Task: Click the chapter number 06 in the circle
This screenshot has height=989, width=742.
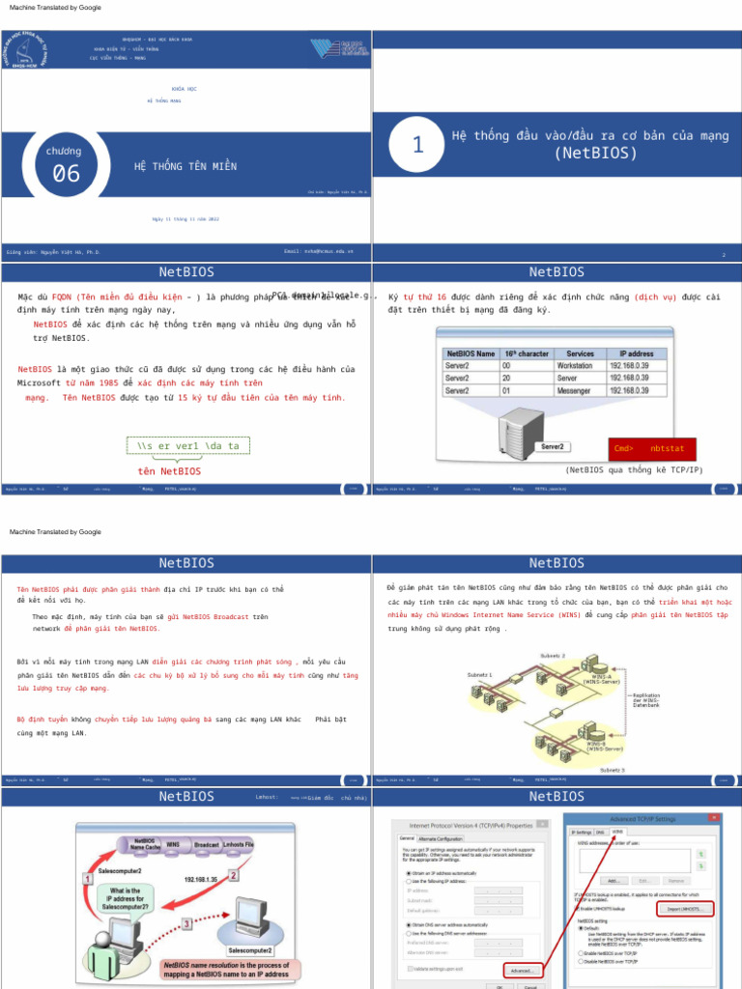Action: (66, 174)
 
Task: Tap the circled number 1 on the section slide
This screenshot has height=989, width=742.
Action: (417, 145)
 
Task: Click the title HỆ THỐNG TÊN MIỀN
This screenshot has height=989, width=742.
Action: (185, 167)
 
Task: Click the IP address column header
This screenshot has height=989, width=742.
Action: (637, 354)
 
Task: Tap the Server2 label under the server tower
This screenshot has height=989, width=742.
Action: (553, 447)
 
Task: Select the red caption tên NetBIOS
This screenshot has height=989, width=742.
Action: (169, 471)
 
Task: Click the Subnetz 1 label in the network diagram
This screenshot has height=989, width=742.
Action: (479, 674)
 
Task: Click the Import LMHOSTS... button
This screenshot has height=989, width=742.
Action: (685, 909)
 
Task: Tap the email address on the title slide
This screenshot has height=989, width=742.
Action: (319, 251)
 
